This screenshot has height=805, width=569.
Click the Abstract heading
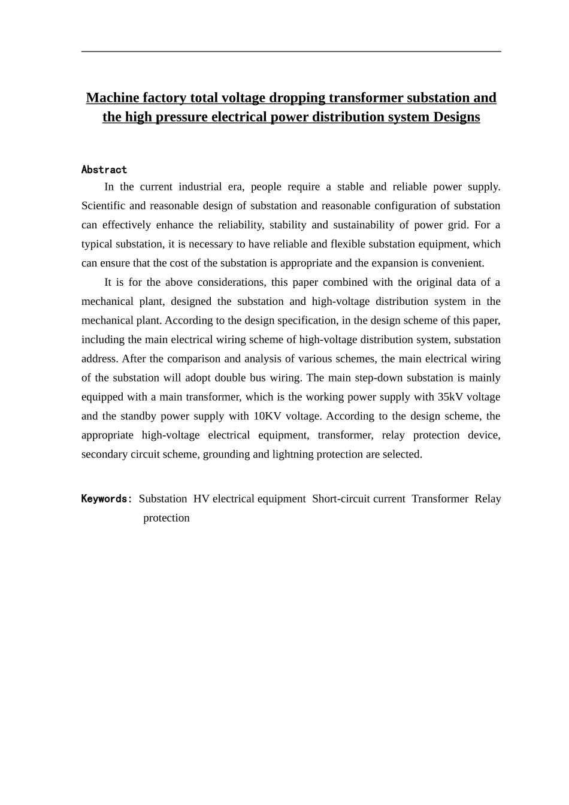point(104,170)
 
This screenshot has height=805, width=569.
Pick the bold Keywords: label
point(107,498)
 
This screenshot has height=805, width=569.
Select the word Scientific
point(103,205)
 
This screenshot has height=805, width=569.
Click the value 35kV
point(450,397)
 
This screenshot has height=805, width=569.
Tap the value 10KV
point(268,416)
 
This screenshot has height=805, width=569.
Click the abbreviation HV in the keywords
point(201,498)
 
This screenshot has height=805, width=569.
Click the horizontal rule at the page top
point(291,52)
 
